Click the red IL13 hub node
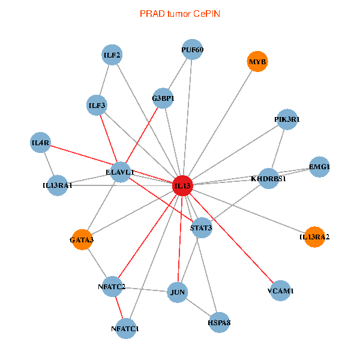182,186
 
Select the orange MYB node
257,62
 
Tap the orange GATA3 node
82,240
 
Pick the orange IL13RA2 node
314,237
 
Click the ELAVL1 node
120,172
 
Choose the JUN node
178,293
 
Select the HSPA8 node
219,323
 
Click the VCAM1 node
281,291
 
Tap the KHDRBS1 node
268,178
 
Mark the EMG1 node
319,166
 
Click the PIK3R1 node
287,119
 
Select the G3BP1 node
163,98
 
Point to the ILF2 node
112,56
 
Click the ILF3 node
97,106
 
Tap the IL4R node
41,142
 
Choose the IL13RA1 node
57,185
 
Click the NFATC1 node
125,328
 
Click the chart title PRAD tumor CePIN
179,13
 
